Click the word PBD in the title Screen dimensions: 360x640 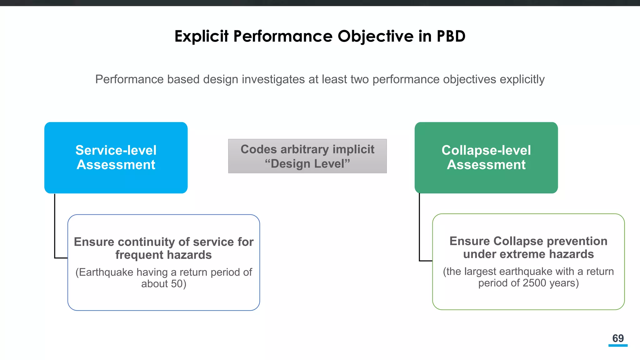click(x=451, y=36)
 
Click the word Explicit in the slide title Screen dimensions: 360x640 click(x=201, y=36)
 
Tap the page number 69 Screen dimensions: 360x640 click(x=618, y=338)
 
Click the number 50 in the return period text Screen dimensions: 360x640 click(x=177, y=284)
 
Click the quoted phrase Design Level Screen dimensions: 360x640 click(x=307, y=164)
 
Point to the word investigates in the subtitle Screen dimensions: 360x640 click(x=273, y=79)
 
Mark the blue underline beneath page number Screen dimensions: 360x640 click(x=618, y=345)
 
